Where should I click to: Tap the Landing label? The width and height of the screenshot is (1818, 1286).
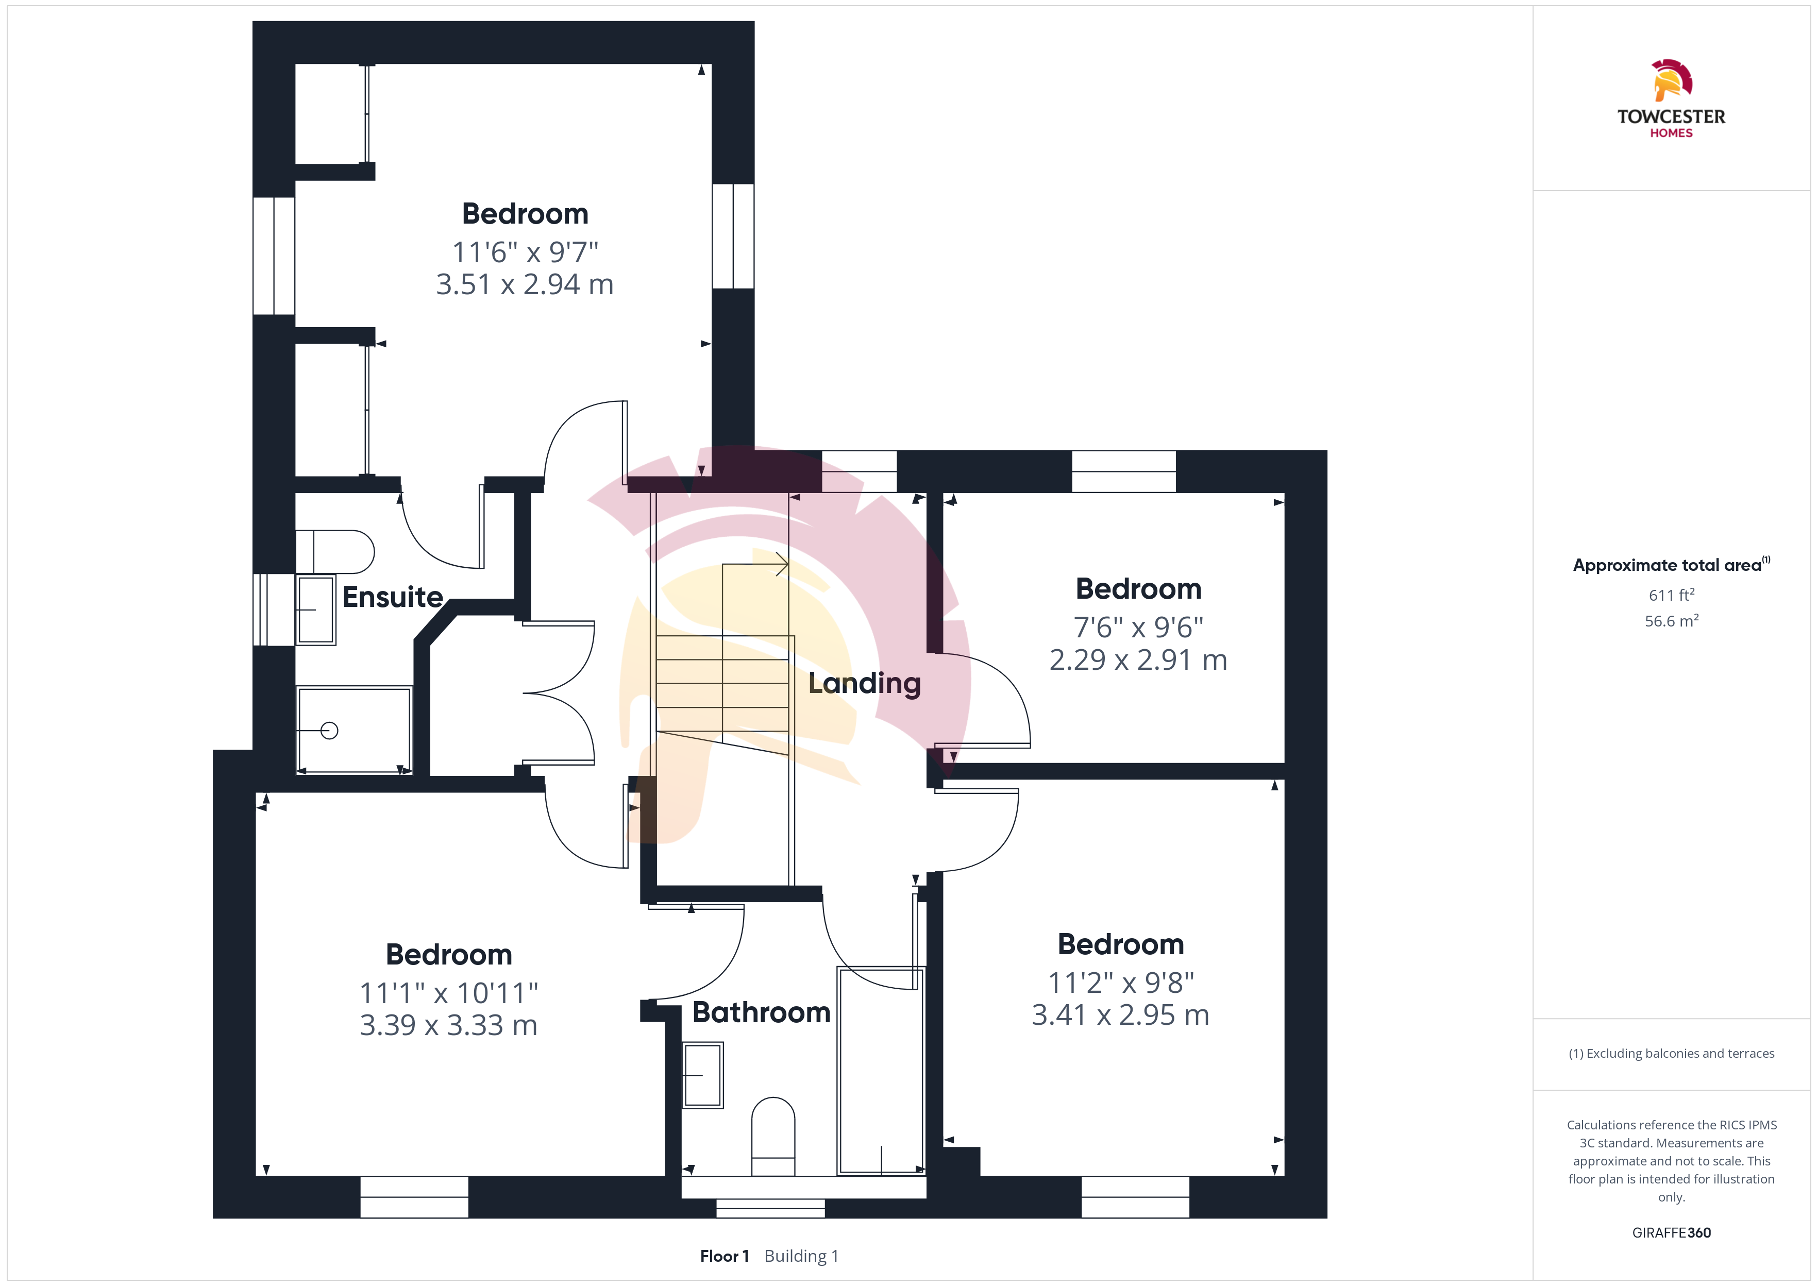pos(865,683)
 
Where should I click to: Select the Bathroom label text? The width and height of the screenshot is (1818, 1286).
pos(762,1012)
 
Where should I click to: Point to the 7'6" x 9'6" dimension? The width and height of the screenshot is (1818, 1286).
pos(1139,627)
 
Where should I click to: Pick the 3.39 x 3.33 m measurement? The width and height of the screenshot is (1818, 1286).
pos(449,1025)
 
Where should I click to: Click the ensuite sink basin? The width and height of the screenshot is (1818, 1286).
pos(316,610)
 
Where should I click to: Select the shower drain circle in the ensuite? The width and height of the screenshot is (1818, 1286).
pos(329,730)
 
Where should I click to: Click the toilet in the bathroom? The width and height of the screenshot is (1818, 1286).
pos(773,1137)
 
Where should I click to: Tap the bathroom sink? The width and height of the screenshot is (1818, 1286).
pos(703,1075)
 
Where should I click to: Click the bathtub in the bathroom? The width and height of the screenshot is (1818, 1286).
pos(881,1071)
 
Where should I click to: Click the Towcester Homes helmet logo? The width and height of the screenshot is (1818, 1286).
pos(1672,80)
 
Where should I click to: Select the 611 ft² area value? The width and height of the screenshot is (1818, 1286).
pos(1672,595)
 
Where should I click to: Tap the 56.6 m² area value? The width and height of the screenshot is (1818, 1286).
pos(1672,621)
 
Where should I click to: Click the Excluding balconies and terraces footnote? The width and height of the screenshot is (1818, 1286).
pos(1672,1053)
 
